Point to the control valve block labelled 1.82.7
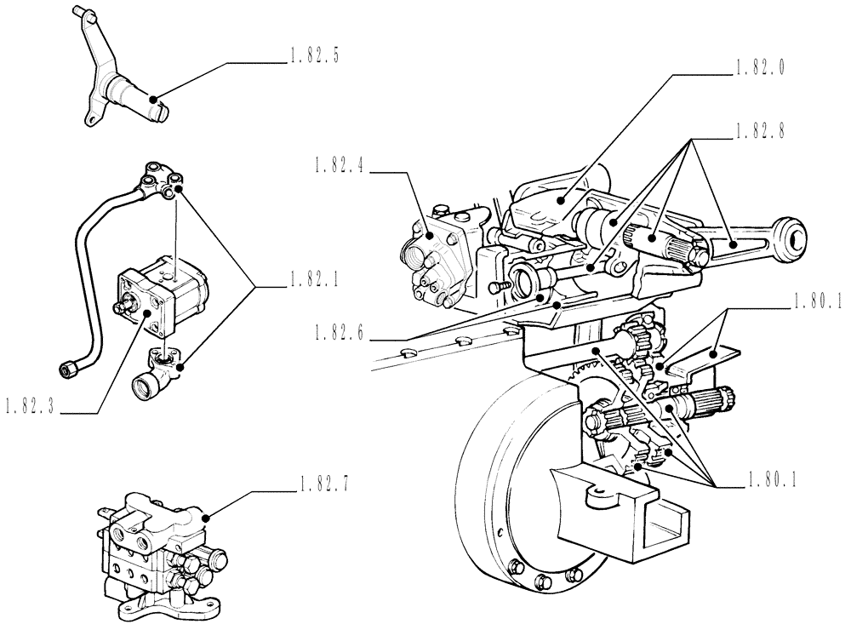[162, 545]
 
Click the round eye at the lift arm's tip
[791, 238]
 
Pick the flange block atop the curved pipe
[162, 179]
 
